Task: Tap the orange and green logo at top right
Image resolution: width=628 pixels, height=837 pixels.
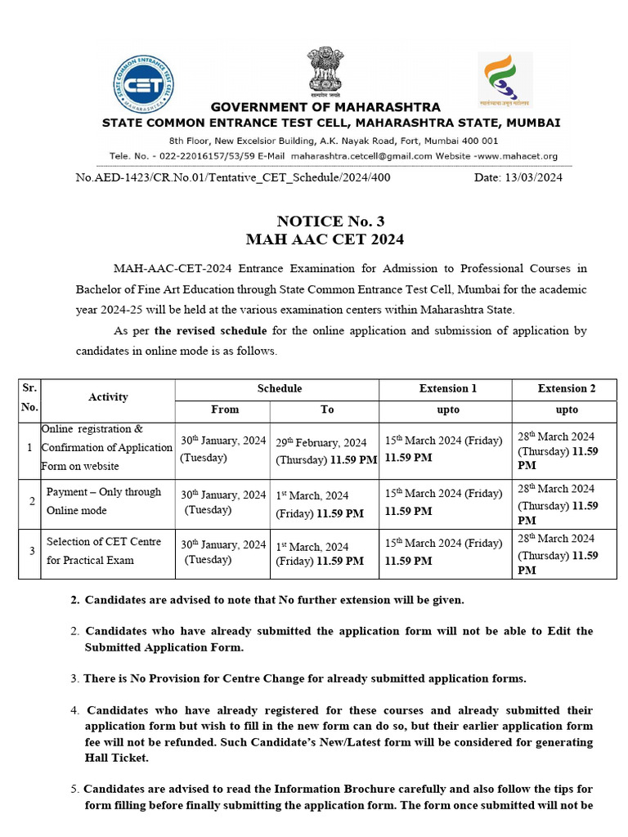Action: point(504,79)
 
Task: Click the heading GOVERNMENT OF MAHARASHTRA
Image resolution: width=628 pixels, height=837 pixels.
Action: point(325,107)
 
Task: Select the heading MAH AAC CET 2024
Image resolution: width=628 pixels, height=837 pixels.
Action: point(325,239)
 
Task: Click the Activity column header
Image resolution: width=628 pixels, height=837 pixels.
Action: point(108,397)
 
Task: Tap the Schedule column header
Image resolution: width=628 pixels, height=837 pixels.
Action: point(279,388)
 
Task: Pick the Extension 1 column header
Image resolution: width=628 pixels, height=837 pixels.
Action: point(447,388)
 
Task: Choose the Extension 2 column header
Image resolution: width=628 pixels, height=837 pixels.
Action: point(566,388)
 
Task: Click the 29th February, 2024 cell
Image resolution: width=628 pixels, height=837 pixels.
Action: point(326,450)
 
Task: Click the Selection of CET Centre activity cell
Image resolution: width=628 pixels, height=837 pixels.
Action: point(103,551)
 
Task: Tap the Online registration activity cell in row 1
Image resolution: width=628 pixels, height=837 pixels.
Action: point(106,447)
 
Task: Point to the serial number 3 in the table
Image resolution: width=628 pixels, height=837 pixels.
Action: point(30,552)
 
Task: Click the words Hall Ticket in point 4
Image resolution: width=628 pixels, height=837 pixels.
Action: point(117,758)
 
